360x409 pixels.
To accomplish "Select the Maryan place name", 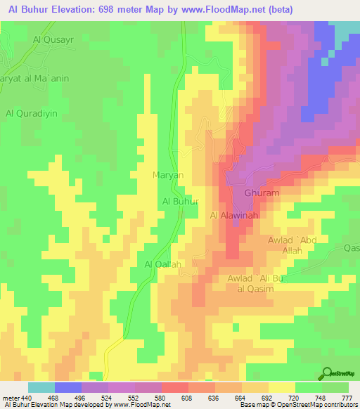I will point(168,174).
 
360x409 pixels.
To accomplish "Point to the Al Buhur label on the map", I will point(181,201).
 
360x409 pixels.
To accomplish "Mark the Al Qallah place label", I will point(163,264).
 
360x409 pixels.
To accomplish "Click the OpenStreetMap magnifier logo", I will point(328,373).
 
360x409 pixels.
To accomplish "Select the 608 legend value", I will point(188,398).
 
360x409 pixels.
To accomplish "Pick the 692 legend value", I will point(267,398).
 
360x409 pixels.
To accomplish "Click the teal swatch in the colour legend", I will point(41,387).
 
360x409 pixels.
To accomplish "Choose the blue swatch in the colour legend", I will point(68,387).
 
